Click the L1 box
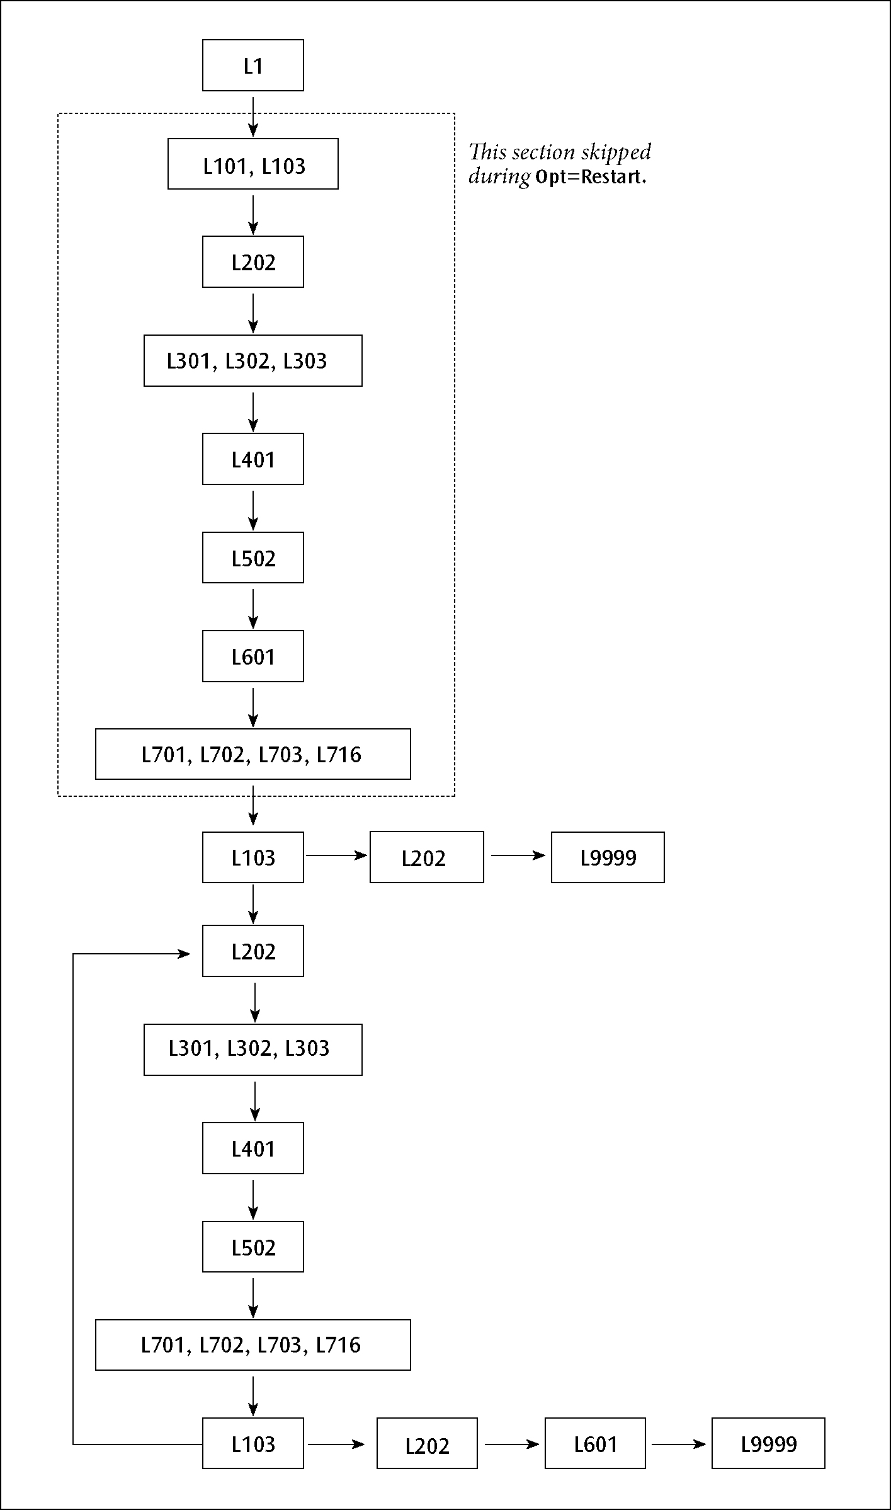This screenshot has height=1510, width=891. point(253,66)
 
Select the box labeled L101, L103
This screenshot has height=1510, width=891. point(253,164)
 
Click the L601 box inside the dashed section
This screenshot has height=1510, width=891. point(253,656)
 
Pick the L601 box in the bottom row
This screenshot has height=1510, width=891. point(595,1443)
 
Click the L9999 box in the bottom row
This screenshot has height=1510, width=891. point(768,1443)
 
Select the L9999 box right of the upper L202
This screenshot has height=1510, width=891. point(608,857)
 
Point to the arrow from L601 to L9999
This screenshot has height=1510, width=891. point(678,1443)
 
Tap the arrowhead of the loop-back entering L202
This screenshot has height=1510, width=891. point(184,954)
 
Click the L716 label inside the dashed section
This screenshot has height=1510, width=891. point(339,754)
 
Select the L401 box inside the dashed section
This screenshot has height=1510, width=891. point(253,459)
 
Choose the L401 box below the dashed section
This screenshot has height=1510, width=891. point(253,1148)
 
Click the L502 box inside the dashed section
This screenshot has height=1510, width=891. point(253,558)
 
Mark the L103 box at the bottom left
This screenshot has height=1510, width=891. point(253,1443)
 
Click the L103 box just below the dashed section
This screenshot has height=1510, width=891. point(253,857)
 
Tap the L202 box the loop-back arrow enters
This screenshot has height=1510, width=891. point(253,951)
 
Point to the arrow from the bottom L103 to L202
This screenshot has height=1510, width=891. point(336,1443)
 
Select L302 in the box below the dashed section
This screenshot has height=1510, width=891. point(249,1048)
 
